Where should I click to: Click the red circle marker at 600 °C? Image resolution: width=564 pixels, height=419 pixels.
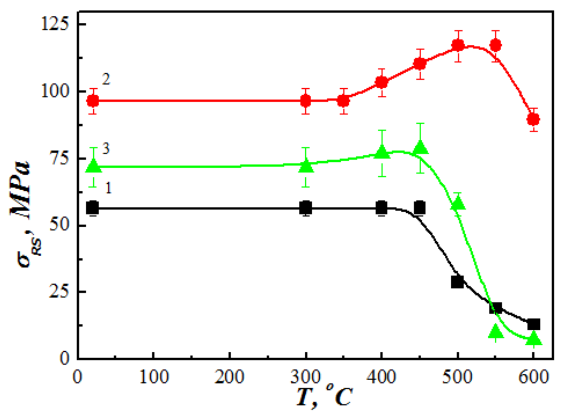click(x=533, y=119)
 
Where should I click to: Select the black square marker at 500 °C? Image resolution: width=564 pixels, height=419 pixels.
click(x=457, y=282)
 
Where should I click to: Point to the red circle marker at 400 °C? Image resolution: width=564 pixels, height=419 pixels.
click(x=381, y=82)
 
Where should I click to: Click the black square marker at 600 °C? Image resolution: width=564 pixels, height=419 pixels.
click(x=533, y=324)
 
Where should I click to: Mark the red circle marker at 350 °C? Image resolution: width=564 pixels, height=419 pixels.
click(x=343, y=101)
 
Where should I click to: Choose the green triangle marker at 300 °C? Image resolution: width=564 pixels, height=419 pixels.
click(x=306, y=166)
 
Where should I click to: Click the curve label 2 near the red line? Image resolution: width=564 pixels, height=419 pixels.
click(x=106, y=80)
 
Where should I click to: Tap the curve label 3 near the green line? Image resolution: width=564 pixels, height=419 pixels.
click(x=106, y=149)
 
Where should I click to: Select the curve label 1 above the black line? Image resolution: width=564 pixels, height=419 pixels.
click(x=108, y=188)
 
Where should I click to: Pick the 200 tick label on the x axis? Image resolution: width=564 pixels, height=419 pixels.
click(x=229, y=377)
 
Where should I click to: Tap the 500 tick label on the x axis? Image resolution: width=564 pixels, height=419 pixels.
click(x=457, y=377)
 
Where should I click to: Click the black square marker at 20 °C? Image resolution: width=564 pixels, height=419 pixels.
click(x=93, y=208)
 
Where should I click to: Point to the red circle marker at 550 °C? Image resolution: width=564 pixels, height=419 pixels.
click(x=496, y=45)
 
